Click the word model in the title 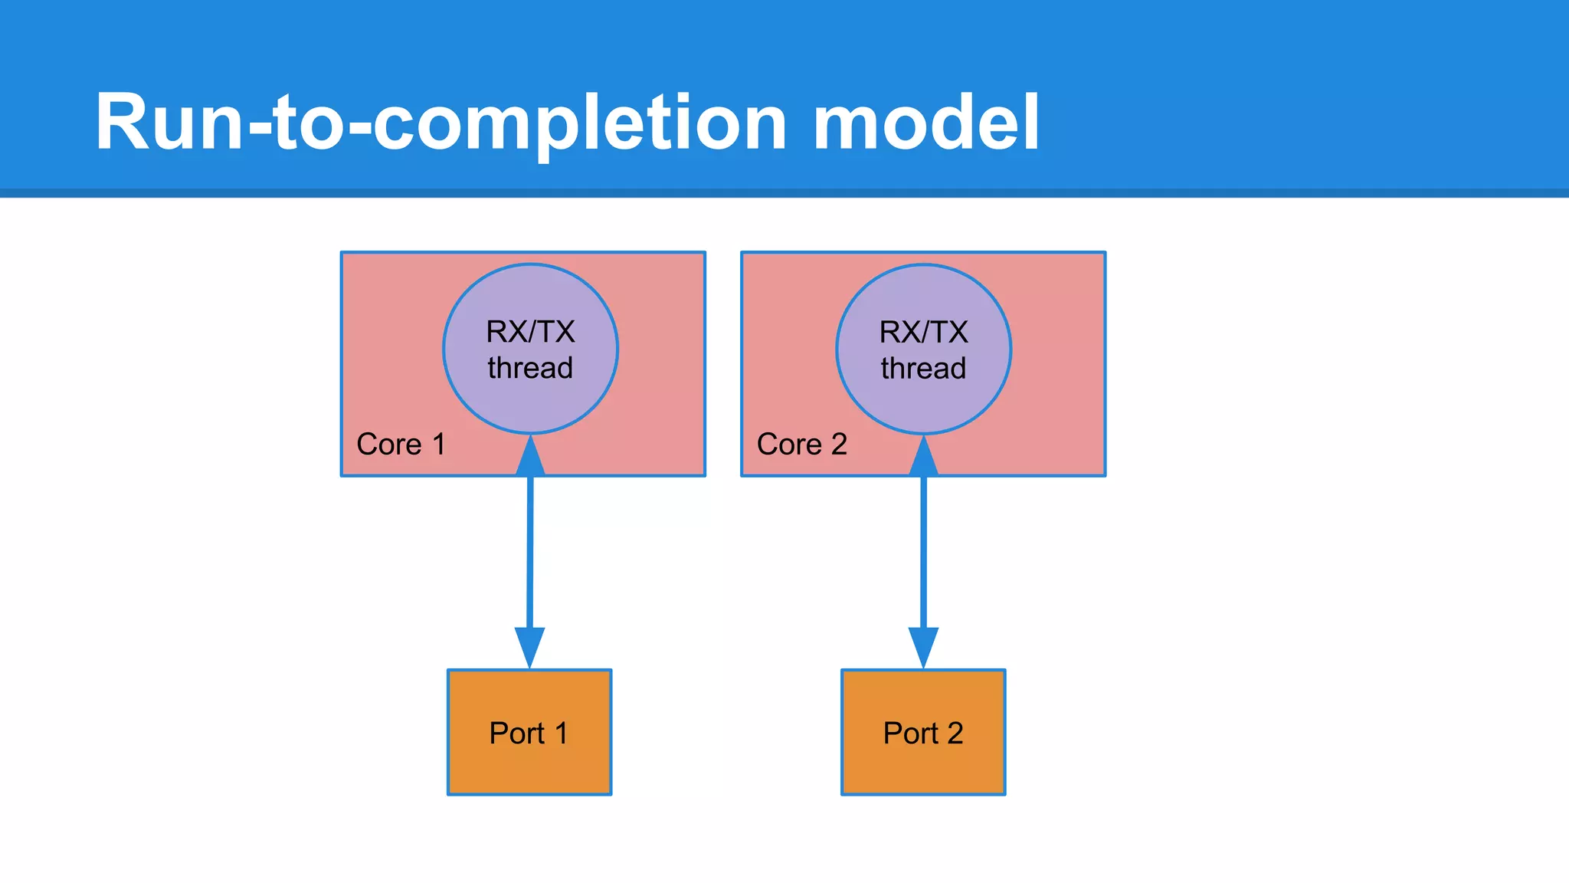coord(925,123)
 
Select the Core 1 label coord(401,445)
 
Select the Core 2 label coord(801,445)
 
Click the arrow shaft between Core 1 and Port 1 coord(529,552)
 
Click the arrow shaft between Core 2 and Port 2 coord(923,552)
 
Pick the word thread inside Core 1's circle coord(530,369)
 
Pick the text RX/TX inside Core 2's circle coord(923,333)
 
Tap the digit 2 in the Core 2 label coord(839,445)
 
